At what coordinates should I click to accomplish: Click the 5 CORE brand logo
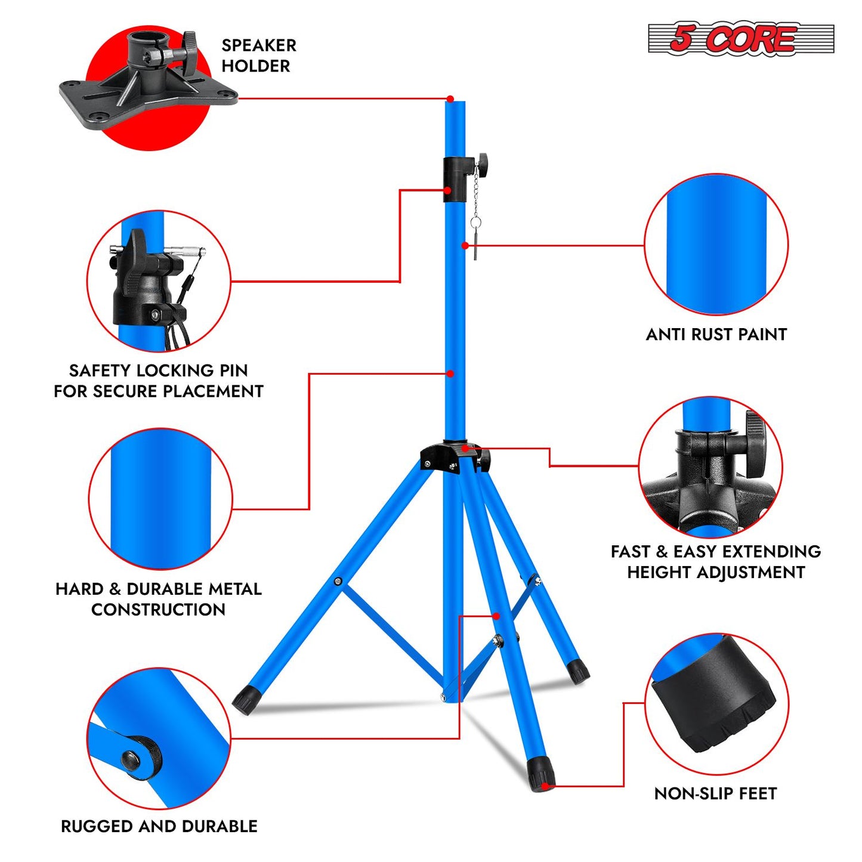(741, 39)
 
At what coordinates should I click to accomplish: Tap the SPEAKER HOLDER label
(258, 55)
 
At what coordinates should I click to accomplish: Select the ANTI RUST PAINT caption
(716, 334)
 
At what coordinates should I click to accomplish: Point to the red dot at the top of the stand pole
(450, 98)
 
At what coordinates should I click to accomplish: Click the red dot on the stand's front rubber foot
(545, 786)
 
